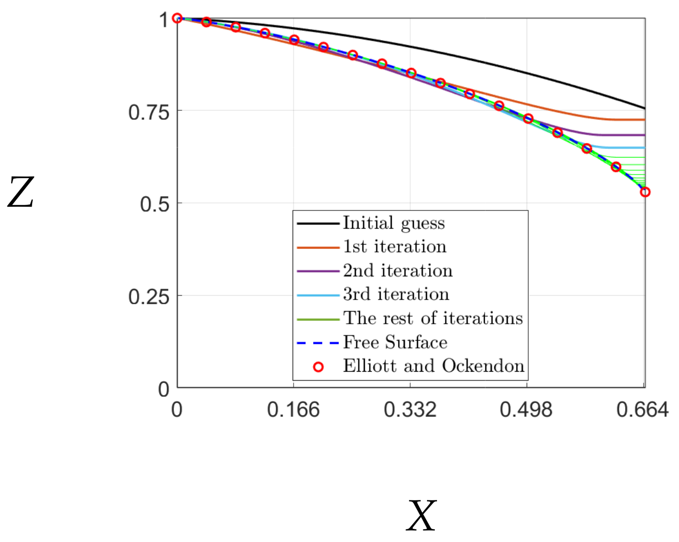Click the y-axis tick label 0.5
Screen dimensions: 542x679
point(154,204)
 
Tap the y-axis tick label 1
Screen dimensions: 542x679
point(163,20)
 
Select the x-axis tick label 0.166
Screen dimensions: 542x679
point(293,410)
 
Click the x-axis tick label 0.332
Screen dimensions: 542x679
point(410,410)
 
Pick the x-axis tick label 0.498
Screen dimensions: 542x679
point(526,410)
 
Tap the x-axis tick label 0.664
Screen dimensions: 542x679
point(643,410)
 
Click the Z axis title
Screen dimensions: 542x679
point(21,193)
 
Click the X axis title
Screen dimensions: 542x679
point(421,516)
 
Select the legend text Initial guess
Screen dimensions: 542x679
point(394,223)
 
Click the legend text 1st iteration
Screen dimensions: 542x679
point(394,246)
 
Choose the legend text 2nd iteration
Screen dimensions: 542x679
point(397,270)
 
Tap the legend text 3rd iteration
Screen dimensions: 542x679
point(396,294)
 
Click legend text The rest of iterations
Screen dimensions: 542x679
point(433,318)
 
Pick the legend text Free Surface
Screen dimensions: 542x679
point(395,342)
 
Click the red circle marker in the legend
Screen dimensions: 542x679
point(318,367)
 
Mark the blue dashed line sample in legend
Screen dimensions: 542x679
point(318,343)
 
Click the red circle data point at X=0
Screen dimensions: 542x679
point(177,18)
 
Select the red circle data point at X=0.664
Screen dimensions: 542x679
point(645,192)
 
